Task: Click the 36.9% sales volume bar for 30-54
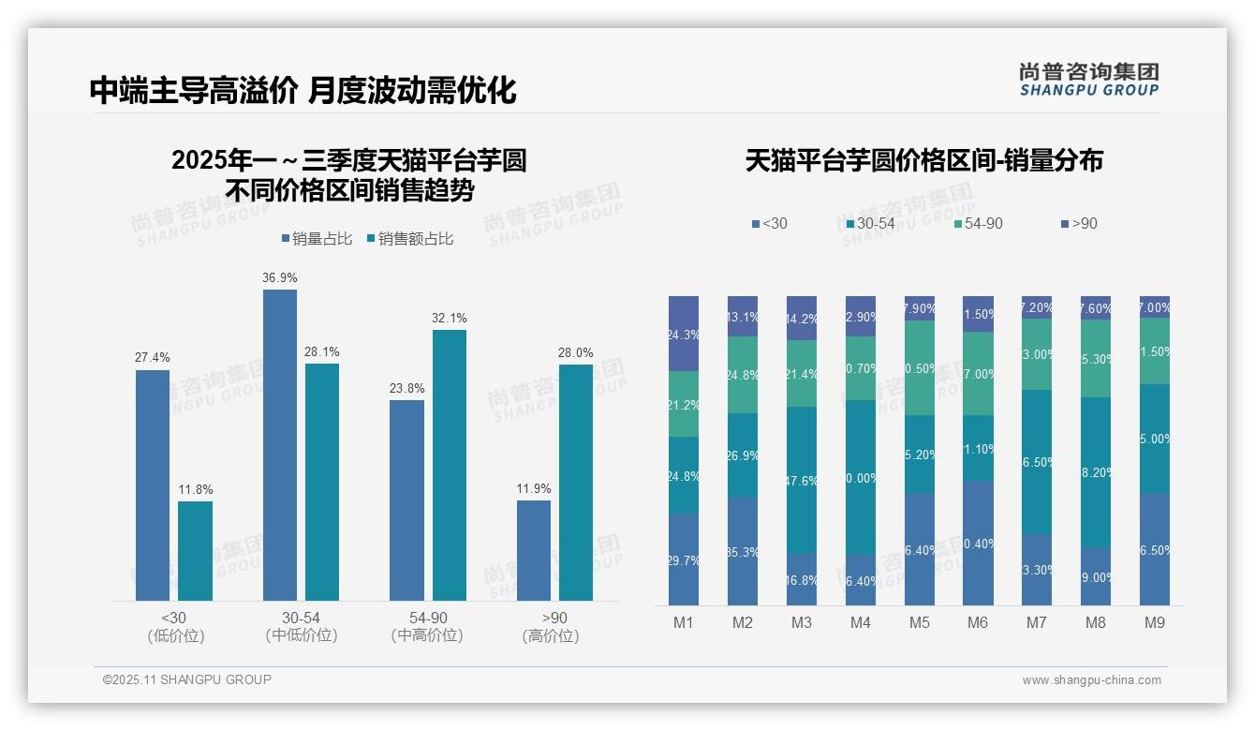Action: pos(280,445)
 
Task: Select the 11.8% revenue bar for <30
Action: pos(195,551)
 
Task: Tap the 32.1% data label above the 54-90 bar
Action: pos(450,319)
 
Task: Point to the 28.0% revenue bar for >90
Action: pos(576,483)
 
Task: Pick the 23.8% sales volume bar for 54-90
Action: pos(406,500)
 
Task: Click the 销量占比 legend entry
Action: pos(317,239)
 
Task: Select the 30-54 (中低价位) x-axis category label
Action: pos(301,627)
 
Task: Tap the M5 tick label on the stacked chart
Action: pos(919,623)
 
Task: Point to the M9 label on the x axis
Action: pos(1155,623)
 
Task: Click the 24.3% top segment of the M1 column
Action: pos(684,334)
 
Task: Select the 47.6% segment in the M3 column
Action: pos(802,480)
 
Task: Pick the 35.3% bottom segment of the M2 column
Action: pos(743,551)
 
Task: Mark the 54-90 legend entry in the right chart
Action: pos(978,224)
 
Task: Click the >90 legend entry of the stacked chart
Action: pos(1079,224)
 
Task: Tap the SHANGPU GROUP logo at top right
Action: pos(1088,80)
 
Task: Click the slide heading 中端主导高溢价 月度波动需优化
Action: pos(303,91)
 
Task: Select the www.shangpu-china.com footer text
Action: pos(1091,680)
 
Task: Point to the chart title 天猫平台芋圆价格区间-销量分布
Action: pos(923,161)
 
